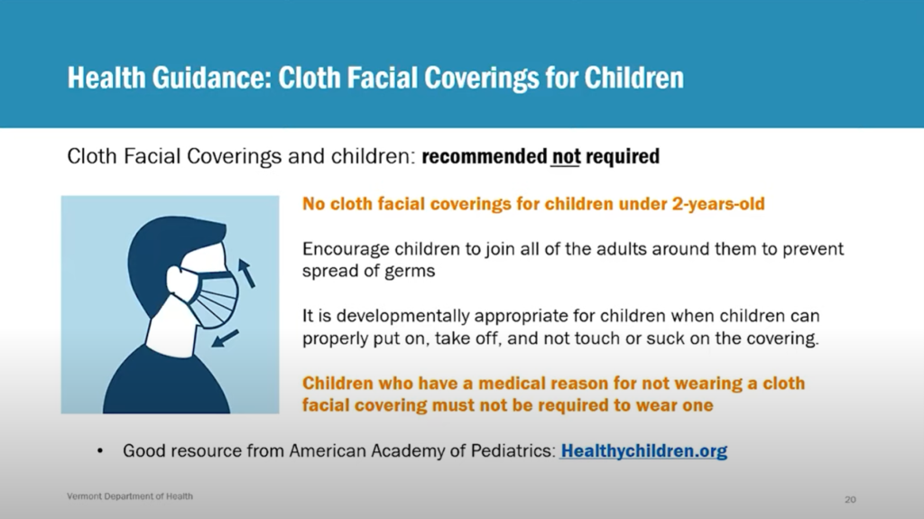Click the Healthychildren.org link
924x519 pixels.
644,451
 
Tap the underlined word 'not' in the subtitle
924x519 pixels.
566,156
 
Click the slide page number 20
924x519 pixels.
850,499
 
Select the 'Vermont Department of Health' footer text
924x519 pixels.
130,496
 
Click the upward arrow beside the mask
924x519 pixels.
246,273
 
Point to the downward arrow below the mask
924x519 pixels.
225,338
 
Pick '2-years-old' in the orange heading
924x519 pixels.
718,204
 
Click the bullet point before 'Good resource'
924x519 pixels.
100,452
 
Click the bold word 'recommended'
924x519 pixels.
485,156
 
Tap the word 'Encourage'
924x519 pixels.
346,249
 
